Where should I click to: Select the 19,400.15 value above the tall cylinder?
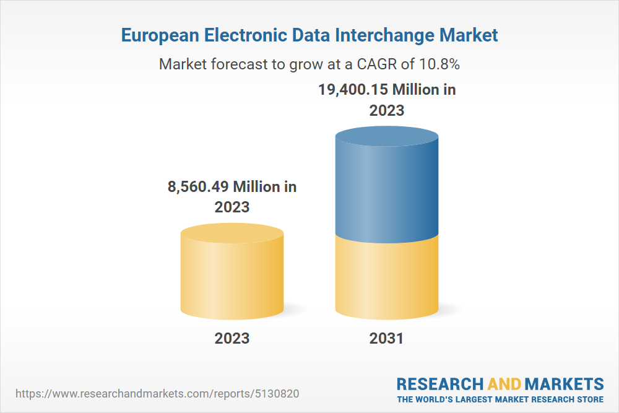point(353,90)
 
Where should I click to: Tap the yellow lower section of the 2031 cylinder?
point(387,279)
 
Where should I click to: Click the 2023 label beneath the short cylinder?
point(232,338)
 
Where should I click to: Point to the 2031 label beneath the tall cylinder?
point(386,338)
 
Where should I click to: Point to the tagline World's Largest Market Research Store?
point(500,399)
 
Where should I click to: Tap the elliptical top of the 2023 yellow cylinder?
point(232,233)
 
